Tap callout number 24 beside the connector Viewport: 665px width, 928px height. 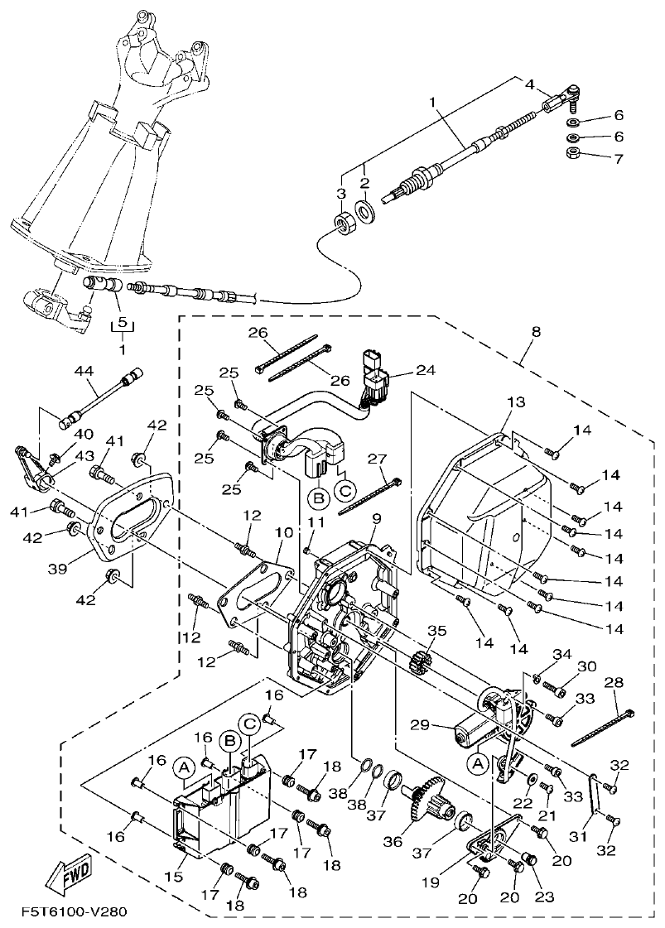[425, 370]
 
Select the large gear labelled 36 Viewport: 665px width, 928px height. [429, 794]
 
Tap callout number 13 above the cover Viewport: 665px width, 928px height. [515, 402]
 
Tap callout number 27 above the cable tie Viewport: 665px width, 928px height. [377, 458]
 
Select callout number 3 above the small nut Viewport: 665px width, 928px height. [340, 193]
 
